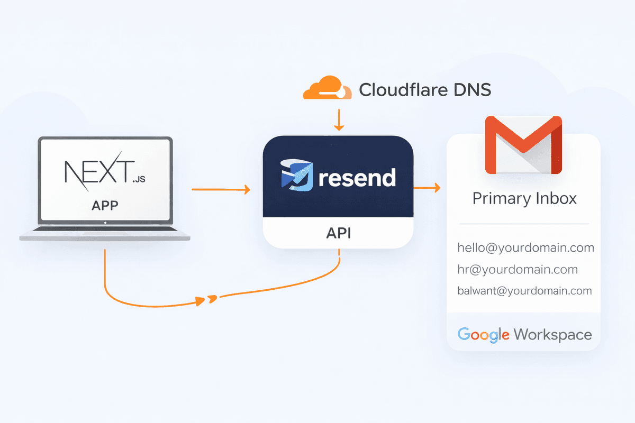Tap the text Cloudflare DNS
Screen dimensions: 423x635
click(x=425, y=89)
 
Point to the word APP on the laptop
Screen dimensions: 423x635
click(x=104, y=205)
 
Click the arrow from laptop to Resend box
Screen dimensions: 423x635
click(x=221, y=189)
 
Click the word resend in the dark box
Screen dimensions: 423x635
click(x=357, y=178)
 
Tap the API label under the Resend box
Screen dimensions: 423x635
click(x=338, y=233)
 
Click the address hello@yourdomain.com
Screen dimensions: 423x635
click(x=525, y=247)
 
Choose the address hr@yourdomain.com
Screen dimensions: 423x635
click(x=517, y=270)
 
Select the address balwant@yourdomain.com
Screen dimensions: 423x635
click(x=524, y=291)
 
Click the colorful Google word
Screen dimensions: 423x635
click(x=483, y=334)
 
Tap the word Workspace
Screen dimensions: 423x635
click(x=552, y=334)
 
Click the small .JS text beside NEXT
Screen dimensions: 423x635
click(x=138, y=180)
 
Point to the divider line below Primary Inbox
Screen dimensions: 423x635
click(x=524, y=224)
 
